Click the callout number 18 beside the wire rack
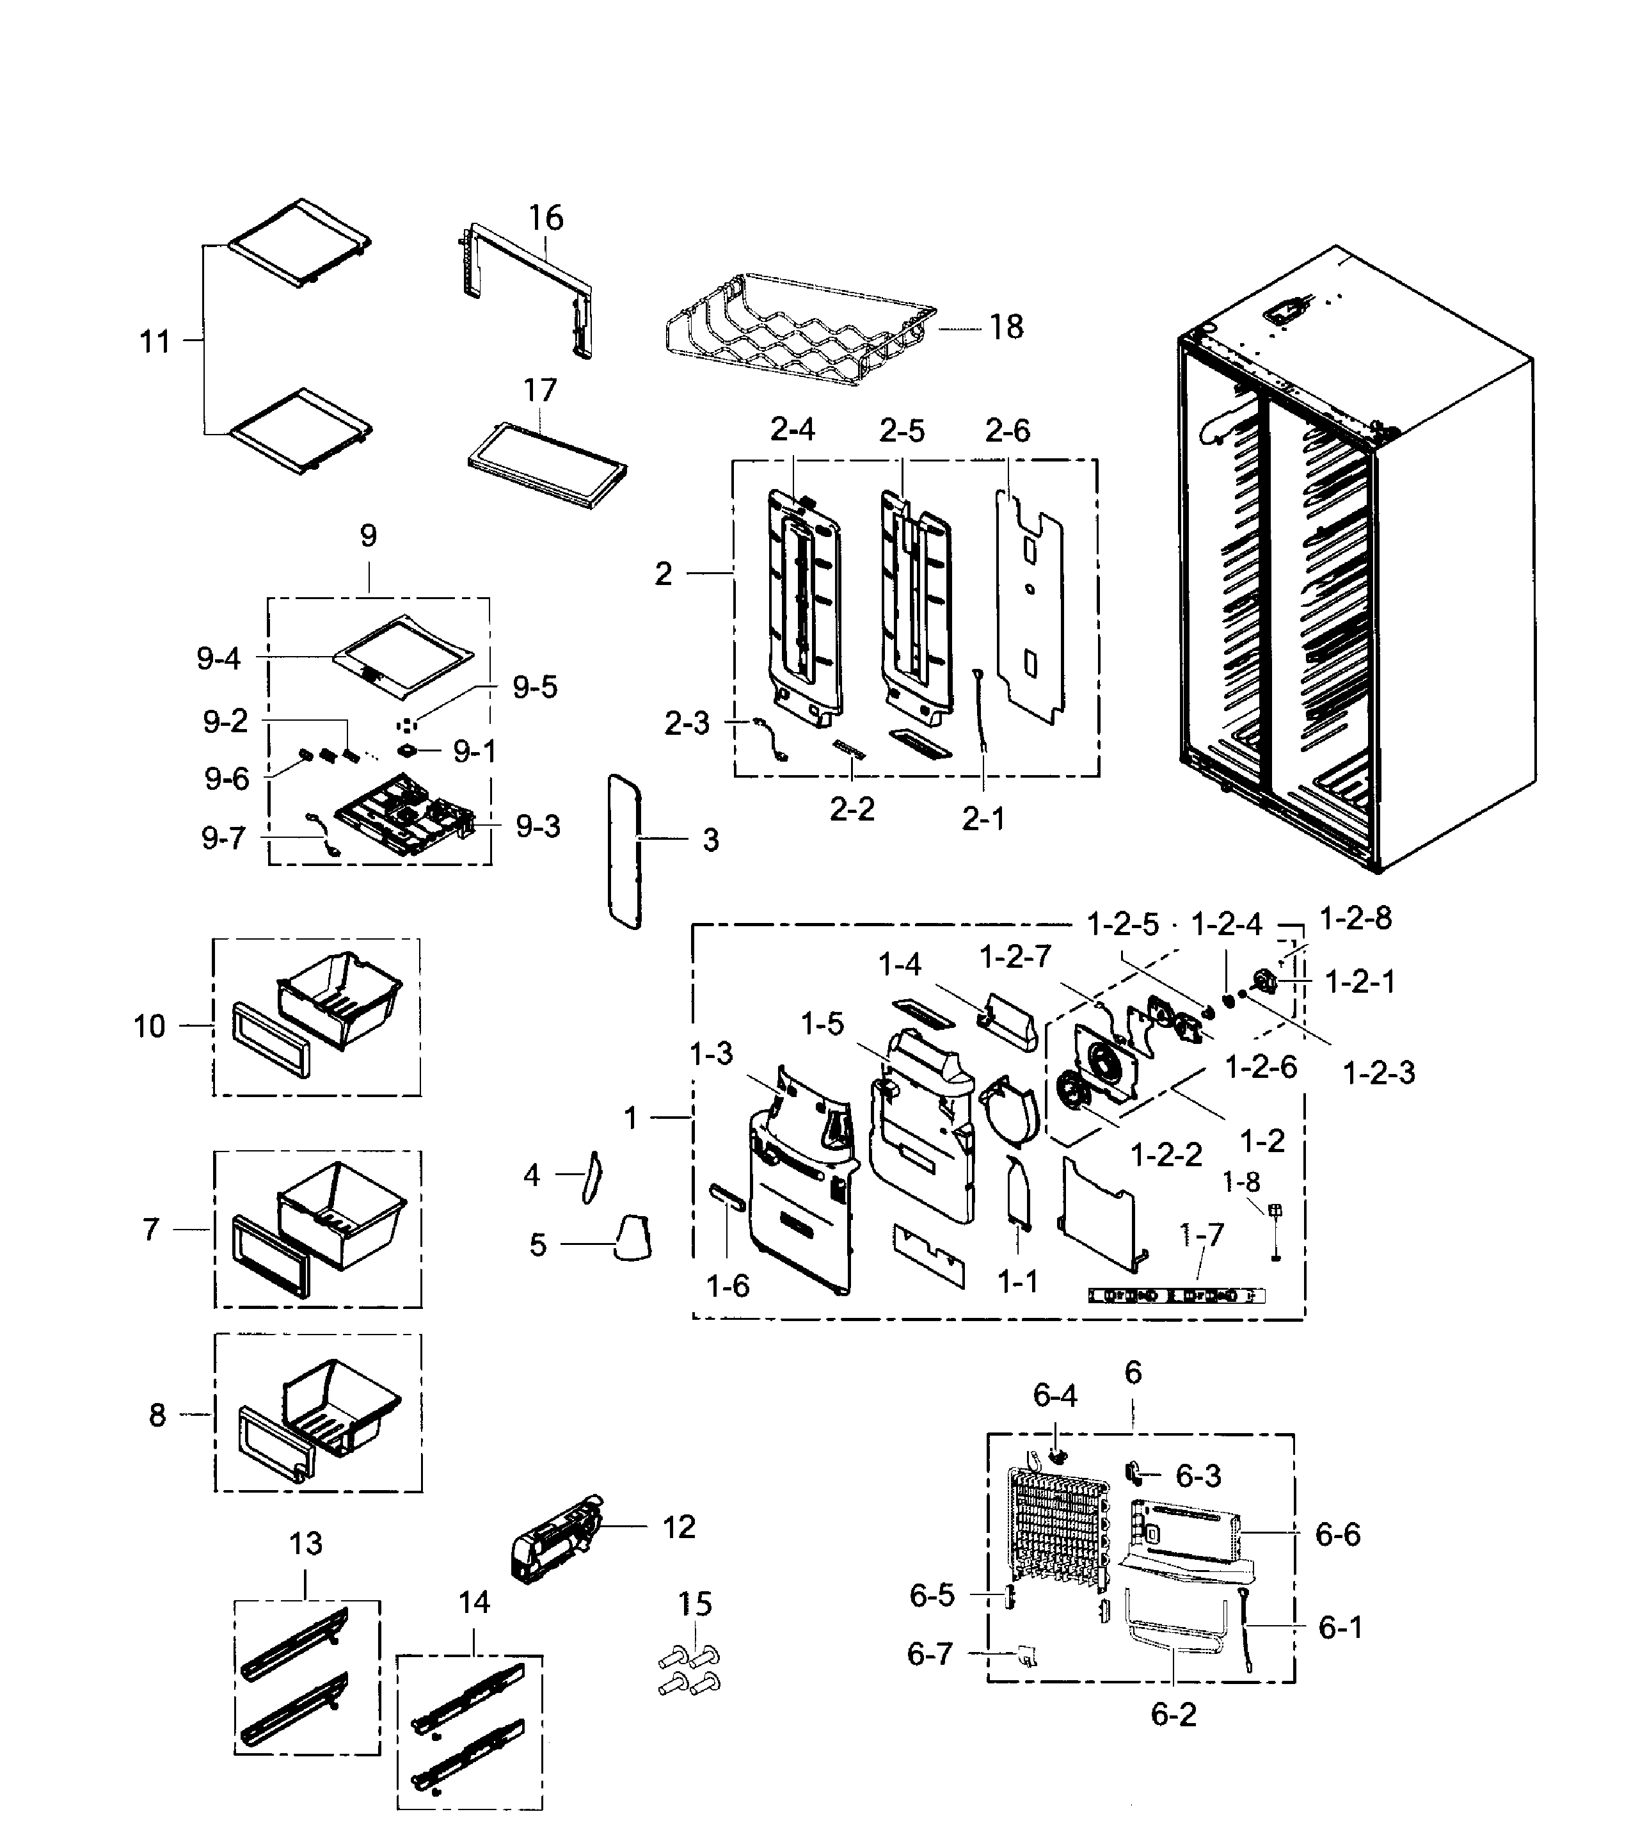[1006, 327]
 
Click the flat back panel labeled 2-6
[1031, 610]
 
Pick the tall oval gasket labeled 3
[625, 852]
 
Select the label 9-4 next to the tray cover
[219, 659]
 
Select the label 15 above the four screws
[694, 1603]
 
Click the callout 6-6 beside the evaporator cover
[1337, 1534]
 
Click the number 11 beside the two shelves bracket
[154, 342]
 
